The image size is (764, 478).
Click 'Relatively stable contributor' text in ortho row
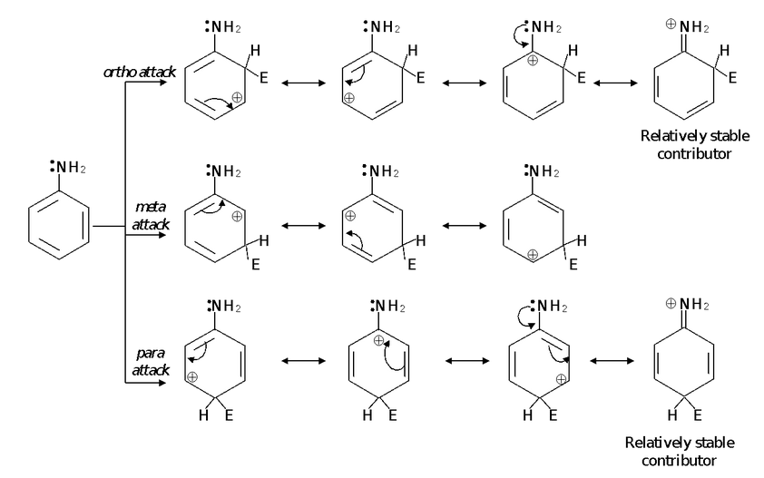pyautogui.click(x=686, y=144)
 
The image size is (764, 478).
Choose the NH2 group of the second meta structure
pyautogui.click(x=382, y=171)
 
